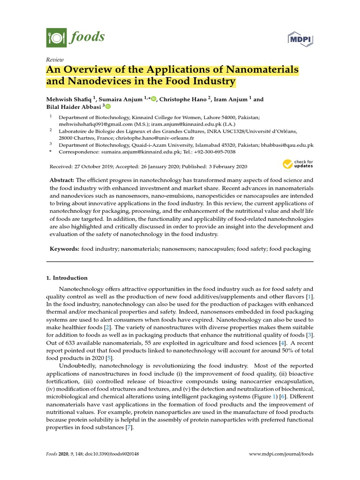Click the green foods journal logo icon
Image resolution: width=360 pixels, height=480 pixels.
tap(56, 37)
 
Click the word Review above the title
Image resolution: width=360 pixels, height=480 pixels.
tap(55, 60)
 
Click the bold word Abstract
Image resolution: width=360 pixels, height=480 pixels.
tap(62, 180)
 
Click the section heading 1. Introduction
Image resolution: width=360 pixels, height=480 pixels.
tap(67, 277)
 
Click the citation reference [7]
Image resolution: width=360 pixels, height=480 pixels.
tap(129, 428)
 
